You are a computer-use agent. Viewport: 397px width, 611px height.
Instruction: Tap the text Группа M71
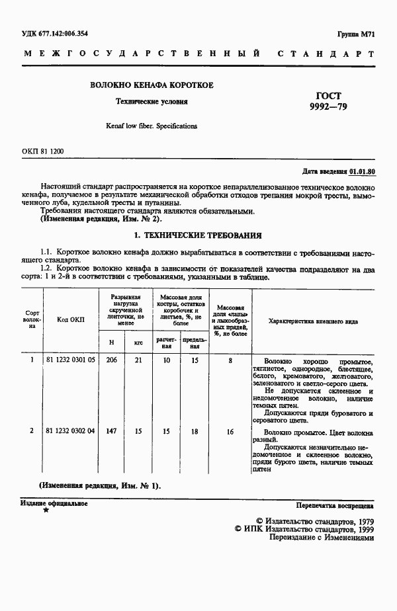(356, 33)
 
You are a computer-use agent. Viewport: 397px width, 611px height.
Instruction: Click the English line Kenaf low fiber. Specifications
(152, 125)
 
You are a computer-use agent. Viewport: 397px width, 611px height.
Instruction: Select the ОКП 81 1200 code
(43, 151)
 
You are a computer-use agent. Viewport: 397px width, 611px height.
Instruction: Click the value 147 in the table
(111, 431)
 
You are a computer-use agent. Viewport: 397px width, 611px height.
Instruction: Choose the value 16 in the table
(230, 431)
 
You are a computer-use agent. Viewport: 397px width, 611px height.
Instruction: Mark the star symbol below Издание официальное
(45, 511)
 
